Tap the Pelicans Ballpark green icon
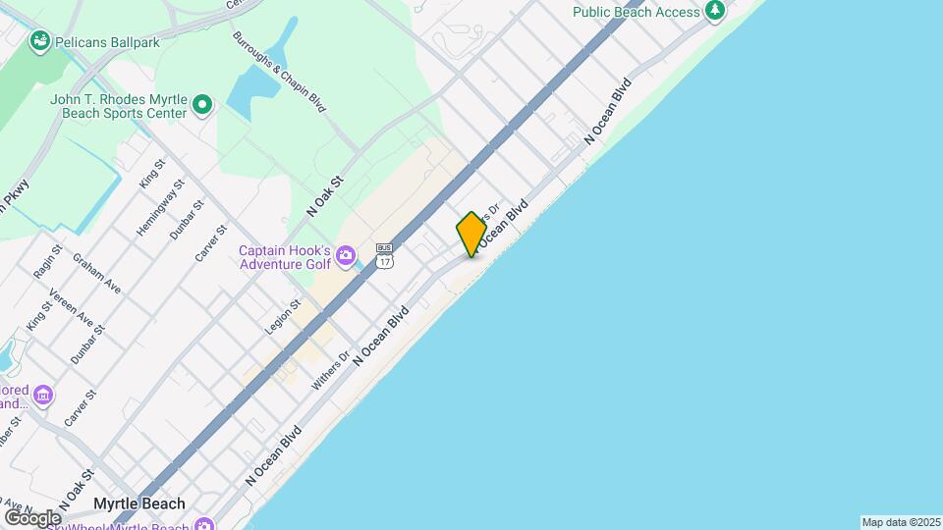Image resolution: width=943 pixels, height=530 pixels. pos(40,40)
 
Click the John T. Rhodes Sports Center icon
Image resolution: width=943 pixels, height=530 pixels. pos(202,104)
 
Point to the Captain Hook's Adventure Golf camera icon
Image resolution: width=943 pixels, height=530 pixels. pos(345,257)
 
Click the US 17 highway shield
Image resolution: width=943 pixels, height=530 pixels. pos(384,256)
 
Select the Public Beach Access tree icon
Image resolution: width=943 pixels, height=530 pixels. pos(716,11)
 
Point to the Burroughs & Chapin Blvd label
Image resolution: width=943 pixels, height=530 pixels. pos(279,72)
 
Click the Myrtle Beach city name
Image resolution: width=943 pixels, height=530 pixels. pos(139,503)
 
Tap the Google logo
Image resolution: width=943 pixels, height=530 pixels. pos(32,517)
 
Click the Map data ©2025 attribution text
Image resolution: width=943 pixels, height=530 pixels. pos(901,522)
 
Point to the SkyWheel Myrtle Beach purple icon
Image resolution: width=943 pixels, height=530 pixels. pos(203,525)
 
